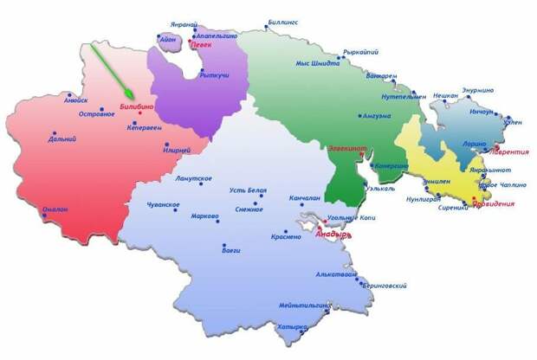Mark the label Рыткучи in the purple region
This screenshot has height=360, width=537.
coord(214,75)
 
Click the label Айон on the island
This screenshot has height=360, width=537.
coord(169,39)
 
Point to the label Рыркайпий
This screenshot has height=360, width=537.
coord(362,52)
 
